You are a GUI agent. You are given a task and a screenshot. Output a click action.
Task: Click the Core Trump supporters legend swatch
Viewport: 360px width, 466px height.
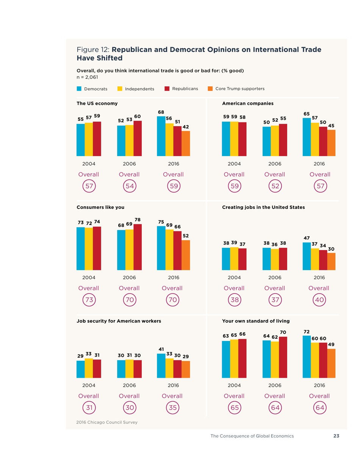(210, 89)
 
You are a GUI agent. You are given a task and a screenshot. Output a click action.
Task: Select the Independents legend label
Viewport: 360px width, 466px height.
(139, 89)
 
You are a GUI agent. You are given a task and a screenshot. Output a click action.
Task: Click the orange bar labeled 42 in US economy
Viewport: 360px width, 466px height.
(186, 144)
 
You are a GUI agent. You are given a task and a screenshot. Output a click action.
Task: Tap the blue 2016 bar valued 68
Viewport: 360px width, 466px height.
(161, 136)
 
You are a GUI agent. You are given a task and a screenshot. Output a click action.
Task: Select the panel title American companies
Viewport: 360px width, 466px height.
(248, 103)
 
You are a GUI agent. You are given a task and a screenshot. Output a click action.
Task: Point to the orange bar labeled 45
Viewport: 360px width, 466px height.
(331, 143)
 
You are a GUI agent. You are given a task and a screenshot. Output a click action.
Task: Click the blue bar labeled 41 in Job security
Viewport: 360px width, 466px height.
(161, 366)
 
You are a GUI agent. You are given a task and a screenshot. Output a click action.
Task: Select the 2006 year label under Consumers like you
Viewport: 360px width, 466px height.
(129, 277)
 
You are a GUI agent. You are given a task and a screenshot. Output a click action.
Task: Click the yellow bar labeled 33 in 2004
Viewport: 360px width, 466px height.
(89, 368)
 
